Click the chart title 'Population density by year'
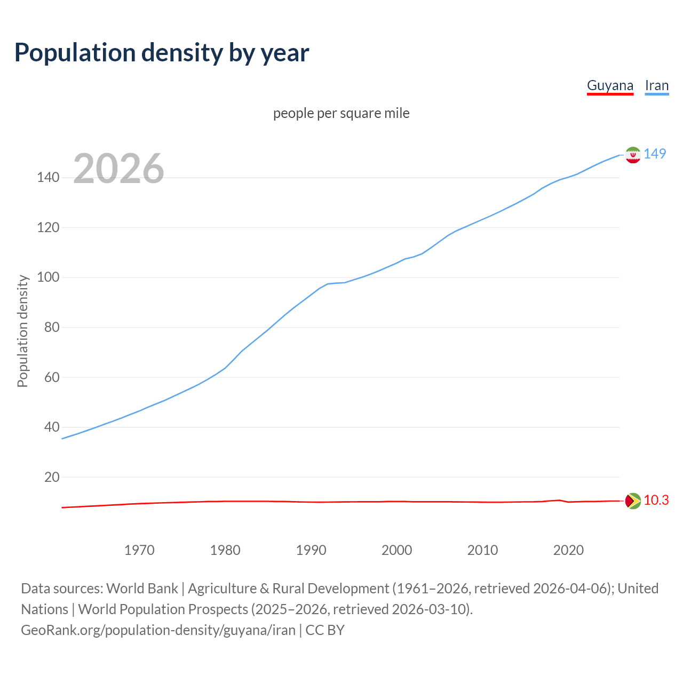(162, 53)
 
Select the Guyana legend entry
(610, 86)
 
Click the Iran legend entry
(656, 86)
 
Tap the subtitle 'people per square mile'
(341, 113)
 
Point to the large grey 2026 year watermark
(118, 169)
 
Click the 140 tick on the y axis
(48, 178)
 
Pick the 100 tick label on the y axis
(48, 277)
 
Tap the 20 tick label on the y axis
(51, 477)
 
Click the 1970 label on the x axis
(139, 550)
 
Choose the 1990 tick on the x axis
(311, 550)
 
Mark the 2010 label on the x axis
(482, 550)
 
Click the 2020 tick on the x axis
(568, 550)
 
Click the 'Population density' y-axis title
(22, 331)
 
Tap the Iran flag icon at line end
(633, 155)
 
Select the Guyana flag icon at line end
(633, 501)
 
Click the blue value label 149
(655, 154)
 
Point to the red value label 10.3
(656, 500)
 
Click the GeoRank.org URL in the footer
(158, 630)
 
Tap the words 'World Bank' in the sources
(142, 589)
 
